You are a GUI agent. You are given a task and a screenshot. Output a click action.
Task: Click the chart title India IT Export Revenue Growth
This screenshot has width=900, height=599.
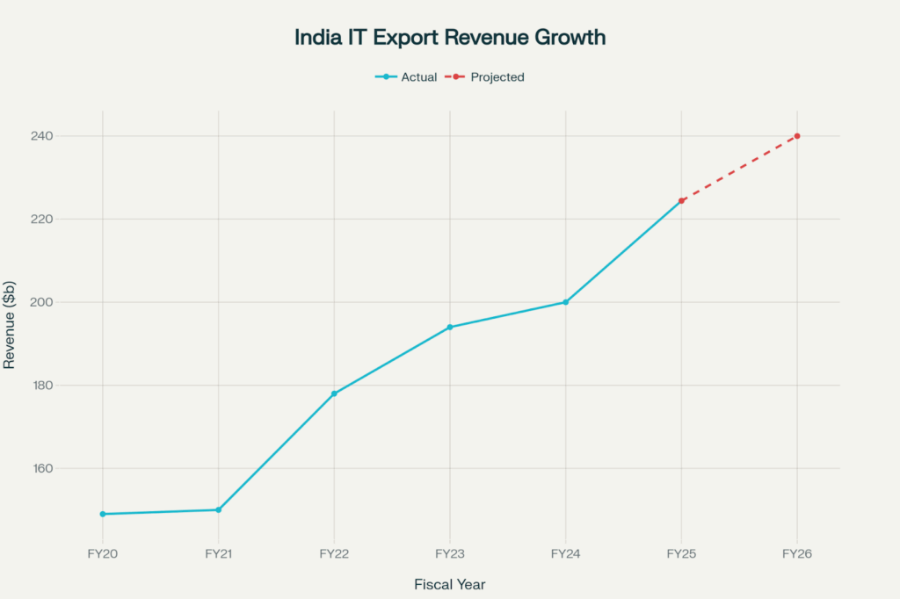tap(450, 39)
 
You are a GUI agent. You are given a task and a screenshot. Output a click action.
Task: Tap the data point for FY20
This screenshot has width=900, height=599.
tap(103, 514)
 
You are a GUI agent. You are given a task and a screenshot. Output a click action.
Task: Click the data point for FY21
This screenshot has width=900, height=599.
tap(219, 509)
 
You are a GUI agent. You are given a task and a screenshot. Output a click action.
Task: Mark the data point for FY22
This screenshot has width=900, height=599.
tap(334, 393)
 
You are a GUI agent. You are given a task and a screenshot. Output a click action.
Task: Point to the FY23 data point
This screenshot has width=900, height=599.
tap(450, 327)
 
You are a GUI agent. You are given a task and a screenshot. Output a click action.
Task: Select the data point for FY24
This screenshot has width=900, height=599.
tap(566, 302)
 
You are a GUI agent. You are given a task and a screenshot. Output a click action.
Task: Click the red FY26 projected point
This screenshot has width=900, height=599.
tap(797, 136)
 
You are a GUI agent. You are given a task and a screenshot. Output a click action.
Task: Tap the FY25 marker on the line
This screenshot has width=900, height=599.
tap(681, 201)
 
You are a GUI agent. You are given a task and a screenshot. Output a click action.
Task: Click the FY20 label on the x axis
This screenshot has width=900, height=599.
tap(103, 554)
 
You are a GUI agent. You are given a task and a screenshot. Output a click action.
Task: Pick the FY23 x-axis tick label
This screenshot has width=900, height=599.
tap(450, 554)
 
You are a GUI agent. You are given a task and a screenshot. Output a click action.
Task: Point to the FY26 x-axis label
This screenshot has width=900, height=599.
tap(797, 554)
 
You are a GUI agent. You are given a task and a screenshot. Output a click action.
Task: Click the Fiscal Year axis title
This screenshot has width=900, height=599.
tap(450, 584)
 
